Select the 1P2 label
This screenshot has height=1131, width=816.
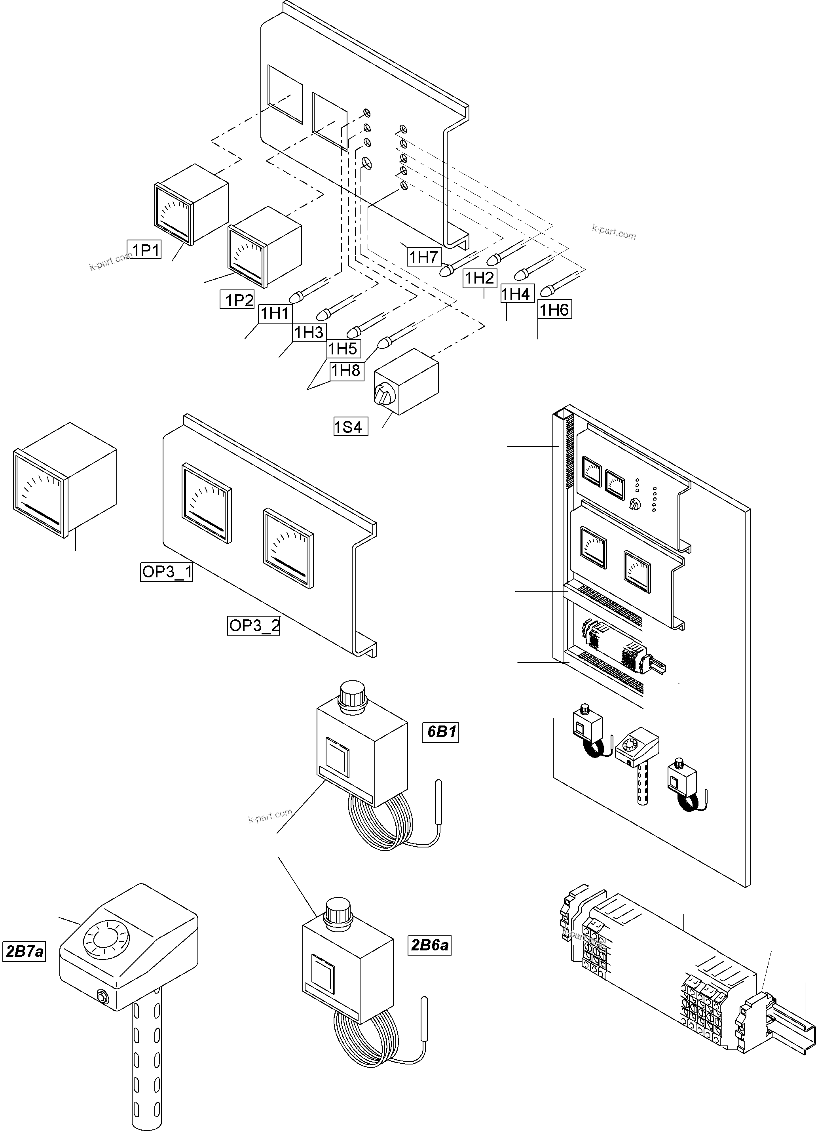(238, 300)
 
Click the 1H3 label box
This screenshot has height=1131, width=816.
(309, 332)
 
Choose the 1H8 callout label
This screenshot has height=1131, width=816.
(346, 371)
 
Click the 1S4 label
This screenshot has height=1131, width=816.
(351, 427)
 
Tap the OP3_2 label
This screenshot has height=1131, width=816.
(253, 625)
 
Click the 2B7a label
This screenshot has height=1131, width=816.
(24, 952)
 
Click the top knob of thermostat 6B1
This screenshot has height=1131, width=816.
(353, 694)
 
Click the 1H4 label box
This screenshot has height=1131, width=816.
(516, 294)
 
